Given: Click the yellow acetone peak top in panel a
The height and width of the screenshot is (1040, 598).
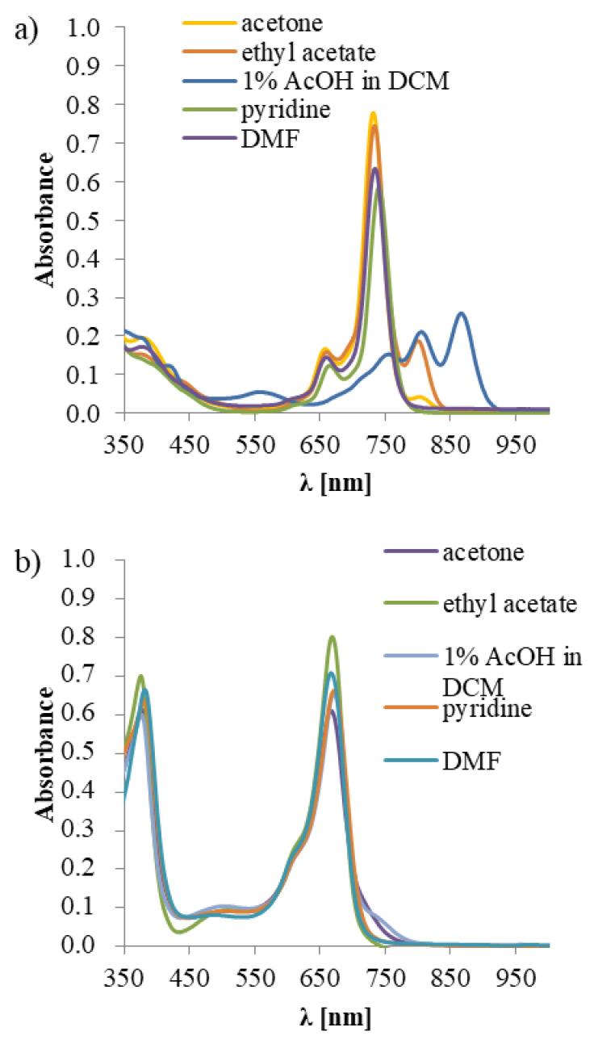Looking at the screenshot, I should tap(373, 113).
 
